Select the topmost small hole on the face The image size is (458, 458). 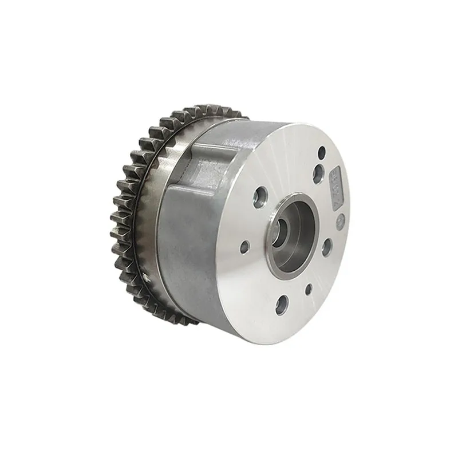pyautogui.click(x=322, y=152)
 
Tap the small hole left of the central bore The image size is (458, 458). pyautogui.click(x=245, y=247)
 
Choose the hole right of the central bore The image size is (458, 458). pyautogui.click(x=327, y=247)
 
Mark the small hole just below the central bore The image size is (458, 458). pyautogui.click(x=308, y=289)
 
